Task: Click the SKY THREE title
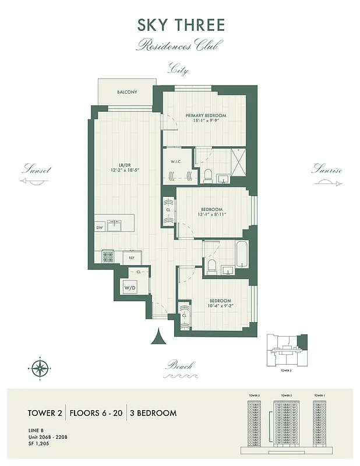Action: (x=180, y=26)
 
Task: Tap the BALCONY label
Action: (x=126, y=93)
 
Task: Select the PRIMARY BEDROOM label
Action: (x=206, y=115)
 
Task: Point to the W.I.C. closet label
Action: (x=178, y=161)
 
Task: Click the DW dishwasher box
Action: (x=99, y=227)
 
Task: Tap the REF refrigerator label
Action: (x=132, y=257)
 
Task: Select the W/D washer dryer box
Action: (x=129, y=287)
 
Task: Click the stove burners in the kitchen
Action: (x=108, y=256)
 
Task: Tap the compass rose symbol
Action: (x=39, y=367)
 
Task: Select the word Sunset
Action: (x=36, y=171)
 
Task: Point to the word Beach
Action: (x=179, y=366)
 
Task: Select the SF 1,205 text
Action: (x=40, y=443)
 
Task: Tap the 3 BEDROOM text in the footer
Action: (x=153, y=413)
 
